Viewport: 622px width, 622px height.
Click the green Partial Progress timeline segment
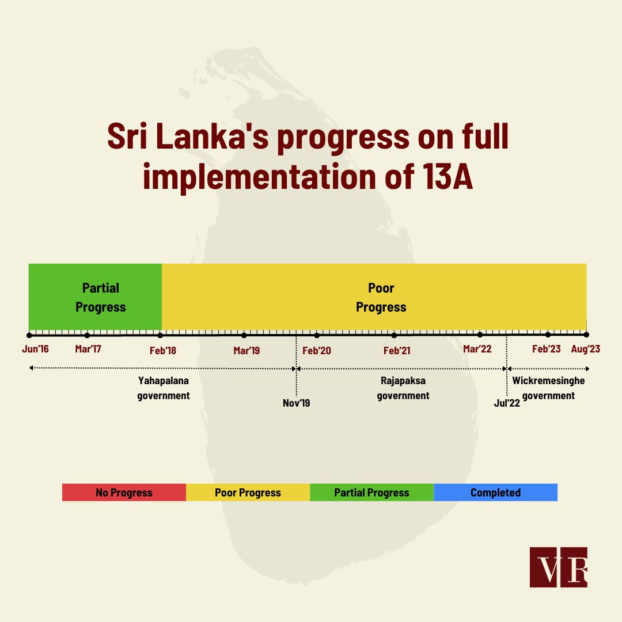pos(95,297)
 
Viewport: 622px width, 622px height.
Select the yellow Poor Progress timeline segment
pos(374,297)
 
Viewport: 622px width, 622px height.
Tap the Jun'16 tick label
pos(35,349)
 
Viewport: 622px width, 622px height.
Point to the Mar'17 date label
pos(88,349)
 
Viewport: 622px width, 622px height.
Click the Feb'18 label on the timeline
pos(162,351)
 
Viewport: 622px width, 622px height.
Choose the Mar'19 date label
pos(246,351)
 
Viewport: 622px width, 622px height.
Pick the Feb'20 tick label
pos(317,351)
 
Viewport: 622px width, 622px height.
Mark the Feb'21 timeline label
pos(397,351)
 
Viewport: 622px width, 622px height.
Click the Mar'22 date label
pos(477,349)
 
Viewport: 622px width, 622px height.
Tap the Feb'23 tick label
pos(546,349)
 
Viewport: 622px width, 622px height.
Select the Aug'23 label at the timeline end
pos(586,349)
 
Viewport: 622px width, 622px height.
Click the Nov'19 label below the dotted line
pos(297,403)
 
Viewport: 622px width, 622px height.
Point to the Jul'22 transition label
pos(507,403)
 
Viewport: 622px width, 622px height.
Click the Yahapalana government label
pos(164,388)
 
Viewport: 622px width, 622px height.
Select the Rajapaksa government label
pos(403,388)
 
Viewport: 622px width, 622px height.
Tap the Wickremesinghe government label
pos(548,388)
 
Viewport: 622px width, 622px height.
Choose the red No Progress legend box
pos(124,492)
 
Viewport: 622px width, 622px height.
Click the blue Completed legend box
pos(495,492)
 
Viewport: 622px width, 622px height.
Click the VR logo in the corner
pos(559,567)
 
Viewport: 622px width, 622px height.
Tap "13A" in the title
pos(447,176)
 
